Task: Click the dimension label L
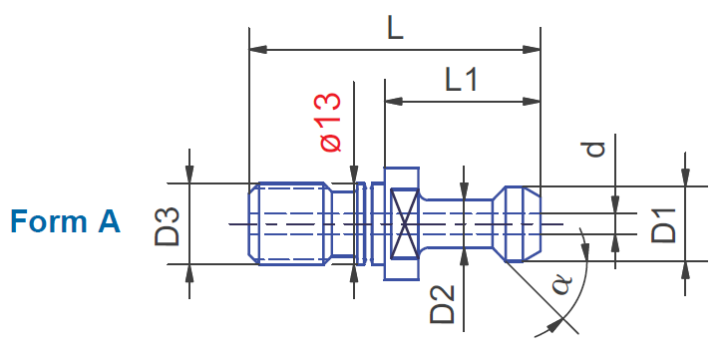click(395, 29)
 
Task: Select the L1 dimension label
click(462, 81)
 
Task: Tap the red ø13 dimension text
click(331, 123)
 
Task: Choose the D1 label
click(664, 225)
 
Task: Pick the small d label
click(595, 149)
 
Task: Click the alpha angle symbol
click(562, 285)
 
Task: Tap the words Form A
click(65, 221)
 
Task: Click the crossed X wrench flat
click(405, 223)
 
